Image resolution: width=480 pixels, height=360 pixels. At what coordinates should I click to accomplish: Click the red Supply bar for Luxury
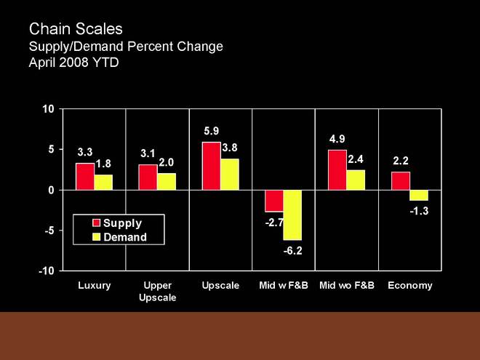click(x=85, y=177)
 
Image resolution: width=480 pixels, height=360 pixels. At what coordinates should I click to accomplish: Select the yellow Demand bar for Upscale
click(x=230, y=175)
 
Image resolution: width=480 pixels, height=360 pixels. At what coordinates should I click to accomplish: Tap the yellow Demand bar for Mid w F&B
click(x=292, y=215)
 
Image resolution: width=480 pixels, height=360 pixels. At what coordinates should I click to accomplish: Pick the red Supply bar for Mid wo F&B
click(x=337, y=170)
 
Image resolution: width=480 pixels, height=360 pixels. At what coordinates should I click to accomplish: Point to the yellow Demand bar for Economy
click(x=419, y=195)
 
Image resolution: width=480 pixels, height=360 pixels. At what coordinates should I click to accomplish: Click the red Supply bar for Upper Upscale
click(x=148, y=177)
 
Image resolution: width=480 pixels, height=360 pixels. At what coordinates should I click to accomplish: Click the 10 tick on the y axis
click(x=49, y=109)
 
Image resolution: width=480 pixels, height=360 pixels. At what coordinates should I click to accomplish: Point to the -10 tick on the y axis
click(x=47, y=271)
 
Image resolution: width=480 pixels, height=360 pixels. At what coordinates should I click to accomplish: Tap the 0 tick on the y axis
click(x=52, y=190)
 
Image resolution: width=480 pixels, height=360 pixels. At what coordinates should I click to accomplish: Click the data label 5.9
click(x=211, y=132)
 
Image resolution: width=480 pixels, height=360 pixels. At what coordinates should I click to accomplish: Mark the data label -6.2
click(x=292, y=251)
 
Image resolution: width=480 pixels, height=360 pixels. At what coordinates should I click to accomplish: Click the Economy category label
click(x=410, y=285)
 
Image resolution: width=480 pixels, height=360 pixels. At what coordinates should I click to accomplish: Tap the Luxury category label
click(x=95, y=285)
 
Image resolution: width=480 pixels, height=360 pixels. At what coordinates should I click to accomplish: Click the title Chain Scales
click(x=76, y=29)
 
